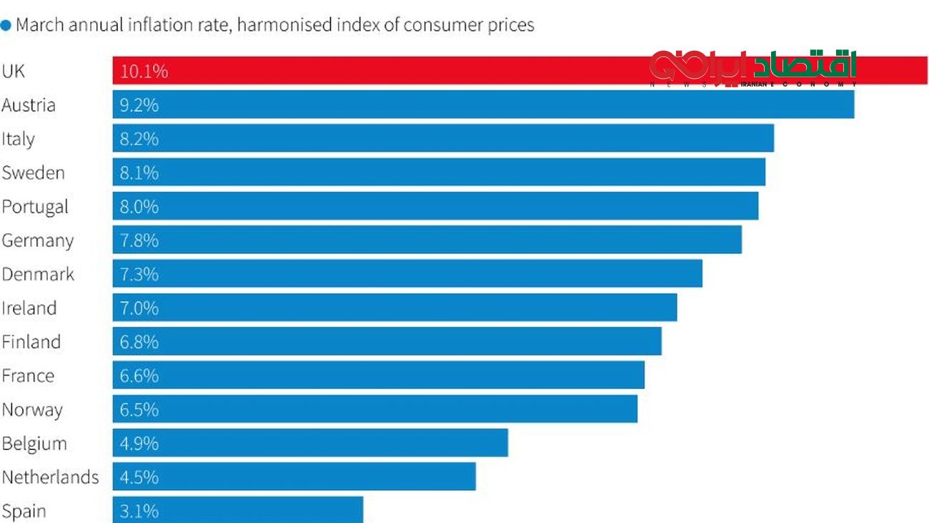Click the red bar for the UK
429,71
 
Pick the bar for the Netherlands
294,476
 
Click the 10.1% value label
144,72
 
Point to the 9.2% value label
139,105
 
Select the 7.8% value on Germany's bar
139,240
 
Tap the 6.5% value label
139,410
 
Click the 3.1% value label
139,511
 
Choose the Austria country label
29,105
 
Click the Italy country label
18,139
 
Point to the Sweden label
33,172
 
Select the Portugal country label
35,207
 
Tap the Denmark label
38,274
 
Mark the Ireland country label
29,308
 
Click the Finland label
31,342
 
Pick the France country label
28,376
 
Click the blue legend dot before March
6,25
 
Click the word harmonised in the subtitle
282,25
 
